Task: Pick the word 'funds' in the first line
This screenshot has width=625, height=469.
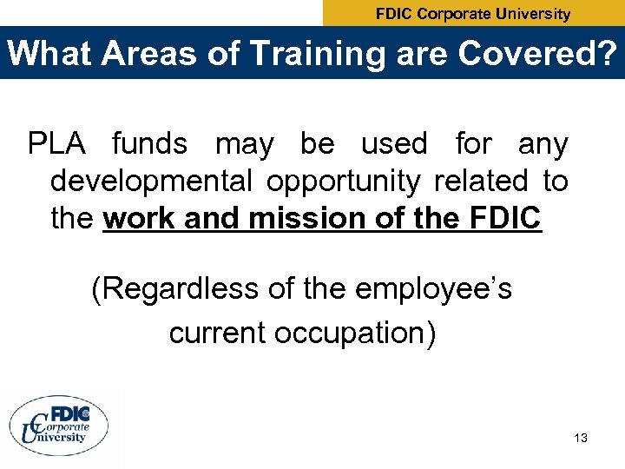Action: (x=149, y=143)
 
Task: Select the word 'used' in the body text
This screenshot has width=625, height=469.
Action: (x=394, y=143)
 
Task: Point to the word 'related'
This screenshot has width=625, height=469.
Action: (x=481, y=182)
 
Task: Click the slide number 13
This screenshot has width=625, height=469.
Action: (x=581, y=438)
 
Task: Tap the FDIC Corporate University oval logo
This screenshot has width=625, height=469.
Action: (x=60, y=426)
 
